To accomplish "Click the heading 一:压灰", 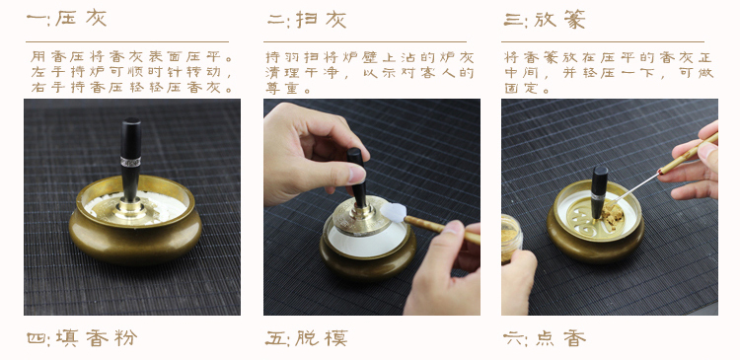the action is pyautogui.click(x=66, y=19).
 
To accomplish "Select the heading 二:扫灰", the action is pyautogui.click(x=307, y=20).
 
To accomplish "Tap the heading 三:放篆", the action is pyautogui.click(x=545, y=20).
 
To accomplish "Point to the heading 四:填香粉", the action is pyautogui.click(x=82, y=338).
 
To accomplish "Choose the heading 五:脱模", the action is pyautogui.click(x=307, y=338).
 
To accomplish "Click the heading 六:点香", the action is pyautogui.click(x=545, y=338).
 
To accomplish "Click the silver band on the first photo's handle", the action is pyautogui.click(x=130, y=162).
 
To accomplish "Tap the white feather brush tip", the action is pyautogui.click(x=394, y=212).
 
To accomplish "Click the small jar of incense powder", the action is pyautogui.click(x=511, y=238).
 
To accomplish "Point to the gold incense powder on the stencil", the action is pyautogui.click(x=614, y=217).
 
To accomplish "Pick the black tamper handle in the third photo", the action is pyautogui.click(x=599, y=191).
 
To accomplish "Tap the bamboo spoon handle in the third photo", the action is pyautogui.click(x=688, y=153).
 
